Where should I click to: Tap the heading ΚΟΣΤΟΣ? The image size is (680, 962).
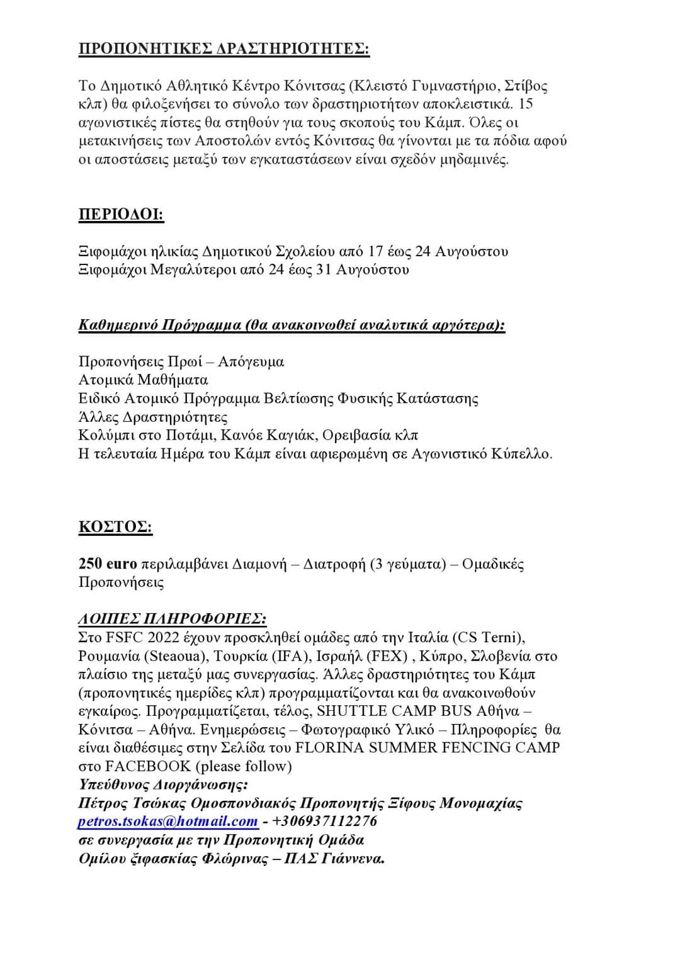tap(115, 526)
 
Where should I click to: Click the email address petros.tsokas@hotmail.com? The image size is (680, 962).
tap(168, 821)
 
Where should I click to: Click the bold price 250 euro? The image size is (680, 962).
tap(108, 563)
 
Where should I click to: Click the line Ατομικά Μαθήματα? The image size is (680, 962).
tap(143, 380)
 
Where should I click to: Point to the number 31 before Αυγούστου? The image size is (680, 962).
tap(320, 269)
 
